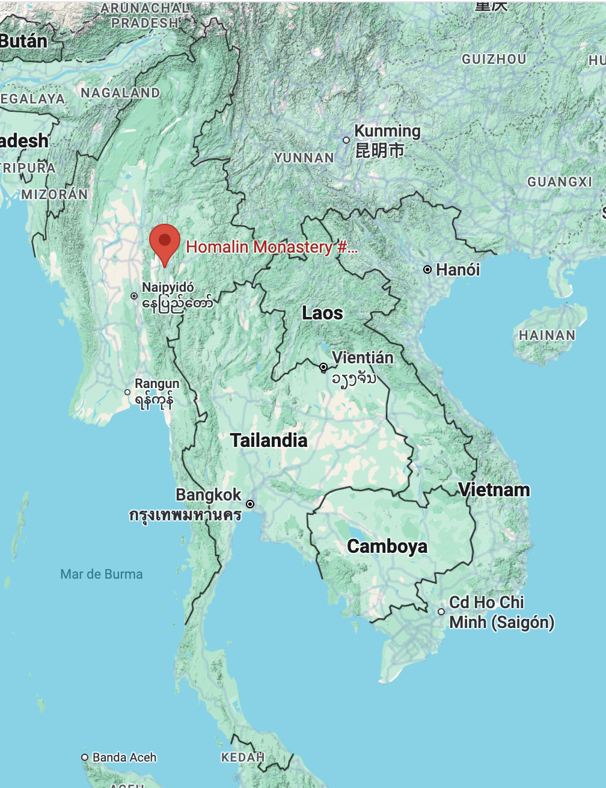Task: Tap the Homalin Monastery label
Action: (x=271, y=247)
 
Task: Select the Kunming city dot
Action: (x=346, y=140)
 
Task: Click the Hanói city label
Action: (x=458, y=269)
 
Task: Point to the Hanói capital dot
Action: (x=427, y=269)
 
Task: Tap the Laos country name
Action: (x=322, y=313)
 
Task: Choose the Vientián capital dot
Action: (x=323, y=367)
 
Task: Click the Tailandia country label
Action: (x=269, y=440)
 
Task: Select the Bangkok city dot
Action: (x=250, y=504)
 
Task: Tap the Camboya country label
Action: (x=387, y=546)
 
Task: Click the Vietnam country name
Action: (x=494, y=490)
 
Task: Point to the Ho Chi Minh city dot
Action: (x=441, y=612)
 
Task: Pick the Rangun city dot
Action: (x=127, y=392)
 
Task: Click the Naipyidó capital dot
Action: (x=134, y=296)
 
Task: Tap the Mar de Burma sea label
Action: (x=102, y=574)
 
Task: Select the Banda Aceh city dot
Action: (x=85, y=757)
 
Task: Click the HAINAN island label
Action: (x=547, y=335)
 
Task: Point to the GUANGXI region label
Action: (x=560, y=182)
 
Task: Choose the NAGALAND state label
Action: (x=120, y=93)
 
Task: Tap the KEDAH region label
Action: (x=243, y=757)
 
